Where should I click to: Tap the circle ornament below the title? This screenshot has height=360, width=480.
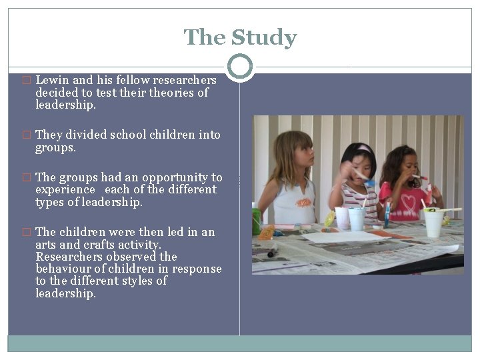click(240, 67)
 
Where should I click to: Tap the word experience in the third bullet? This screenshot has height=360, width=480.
click(65, 190)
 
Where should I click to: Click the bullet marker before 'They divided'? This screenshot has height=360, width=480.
click(27, 135)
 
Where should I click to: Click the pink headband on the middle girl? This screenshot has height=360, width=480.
click(363, 148)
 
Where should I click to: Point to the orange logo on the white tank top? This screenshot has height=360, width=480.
click(303, 202)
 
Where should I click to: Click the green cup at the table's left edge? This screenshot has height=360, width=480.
click(256, 221)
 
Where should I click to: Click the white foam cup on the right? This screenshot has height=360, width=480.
click(433, 223)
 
